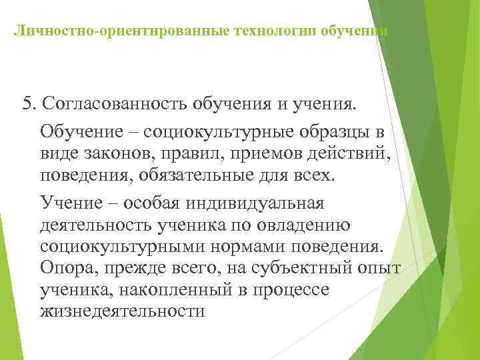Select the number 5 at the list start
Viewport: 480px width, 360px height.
pyautogui.click(x=27, y=105)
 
